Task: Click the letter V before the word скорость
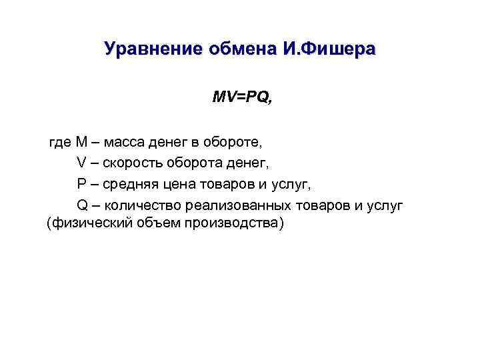tap(82, 163)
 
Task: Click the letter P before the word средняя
tap(81, 183)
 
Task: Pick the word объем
tap(155, 224)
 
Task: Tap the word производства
tap(233, 224)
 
